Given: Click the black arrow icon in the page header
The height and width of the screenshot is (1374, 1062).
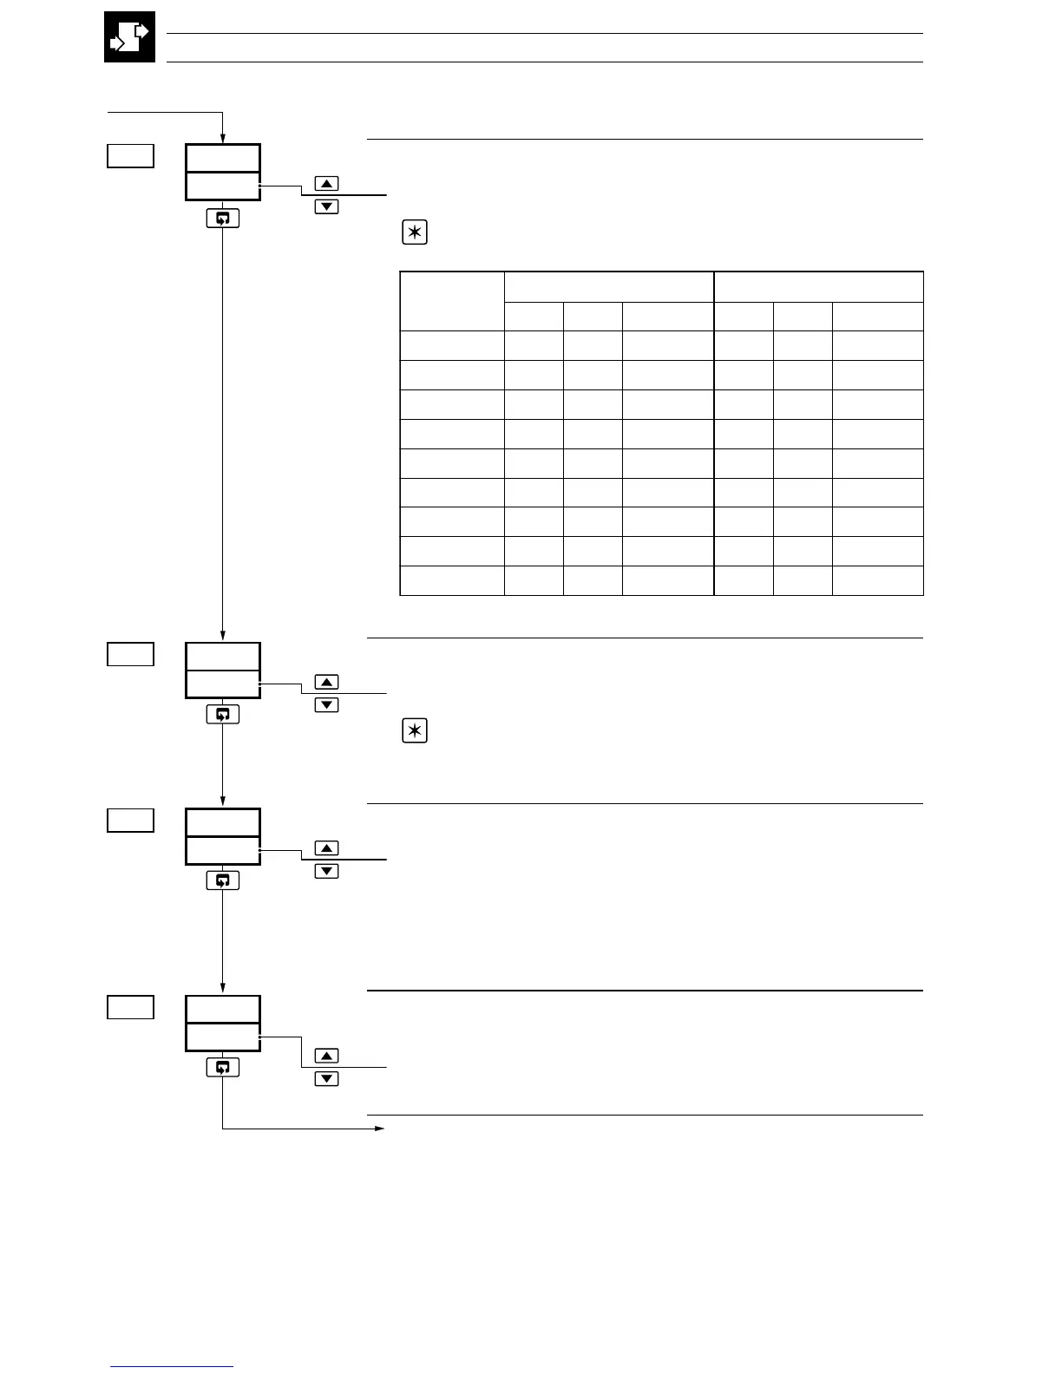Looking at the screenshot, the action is click(x=129, y=36).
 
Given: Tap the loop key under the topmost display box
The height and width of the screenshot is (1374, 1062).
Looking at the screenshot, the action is click(x=223, y=218).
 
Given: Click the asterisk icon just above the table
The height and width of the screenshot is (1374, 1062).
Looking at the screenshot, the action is click(x=415, y=233).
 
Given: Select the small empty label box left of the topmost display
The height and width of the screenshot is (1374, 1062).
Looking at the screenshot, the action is click(x=130, y=156).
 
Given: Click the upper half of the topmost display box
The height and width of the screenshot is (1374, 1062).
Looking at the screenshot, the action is click(x=223, y=159).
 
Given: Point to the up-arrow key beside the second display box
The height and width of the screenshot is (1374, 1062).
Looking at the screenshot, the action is click(x=326, y=682).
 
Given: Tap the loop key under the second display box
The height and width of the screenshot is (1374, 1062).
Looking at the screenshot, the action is click(x=223, y=714).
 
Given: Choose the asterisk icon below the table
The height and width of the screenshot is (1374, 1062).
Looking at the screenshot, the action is click(x=415, y=731).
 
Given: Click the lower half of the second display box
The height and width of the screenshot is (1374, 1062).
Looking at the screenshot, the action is click(x=223, y=684).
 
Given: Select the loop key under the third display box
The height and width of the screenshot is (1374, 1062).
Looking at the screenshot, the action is click(x=223, y=880).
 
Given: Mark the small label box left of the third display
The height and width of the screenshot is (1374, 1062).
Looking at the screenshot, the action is click(x=130, y=820).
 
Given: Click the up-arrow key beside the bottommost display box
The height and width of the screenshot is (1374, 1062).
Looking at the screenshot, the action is click(x=326, y=1056).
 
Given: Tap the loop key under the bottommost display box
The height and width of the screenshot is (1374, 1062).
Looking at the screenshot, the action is click(x=223, y=1067).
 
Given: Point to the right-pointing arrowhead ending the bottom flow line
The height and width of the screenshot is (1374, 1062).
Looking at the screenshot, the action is click(x=379, y=1129).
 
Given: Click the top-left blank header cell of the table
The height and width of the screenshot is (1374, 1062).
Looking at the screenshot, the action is click(x=452, y=301).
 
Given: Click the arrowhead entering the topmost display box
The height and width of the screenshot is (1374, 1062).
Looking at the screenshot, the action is click(x=223, y=138).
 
